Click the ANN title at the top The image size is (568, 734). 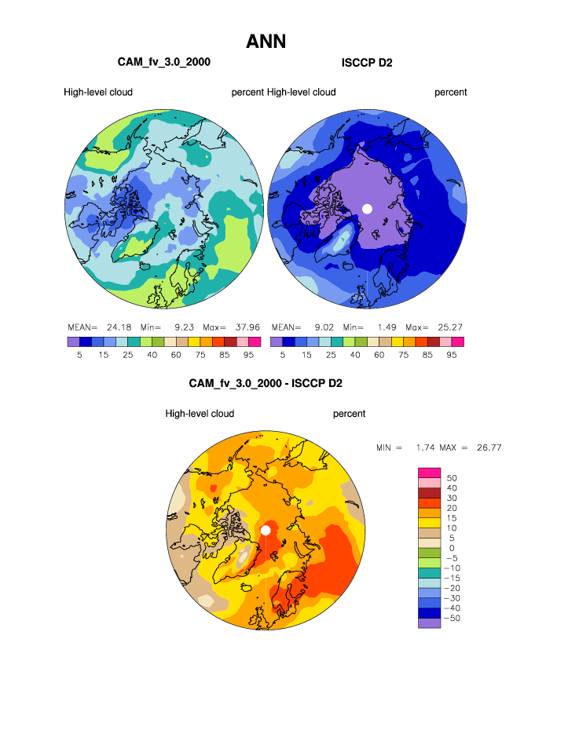coord(266,42)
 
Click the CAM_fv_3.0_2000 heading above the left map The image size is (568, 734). coord(163,62)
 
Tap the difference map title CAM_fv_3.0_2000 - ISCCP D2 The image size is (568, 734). coord(266,384)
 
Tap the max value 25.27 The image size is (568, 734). coord(449,327)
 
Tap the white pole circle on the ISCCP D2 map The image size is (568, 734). coord(366,208)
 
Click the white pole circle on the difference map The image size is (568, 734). coord(266,530)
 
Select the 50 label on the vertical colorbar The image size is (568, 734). coord(451,477)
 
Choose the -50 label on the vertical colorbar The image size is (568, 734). coord(454,619)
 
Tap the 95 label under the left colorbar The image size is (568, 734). coord(254,355)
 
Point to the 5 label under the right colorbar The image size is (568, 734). coord(283,355)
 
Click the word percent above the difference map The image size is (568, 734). coord(349,414)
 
